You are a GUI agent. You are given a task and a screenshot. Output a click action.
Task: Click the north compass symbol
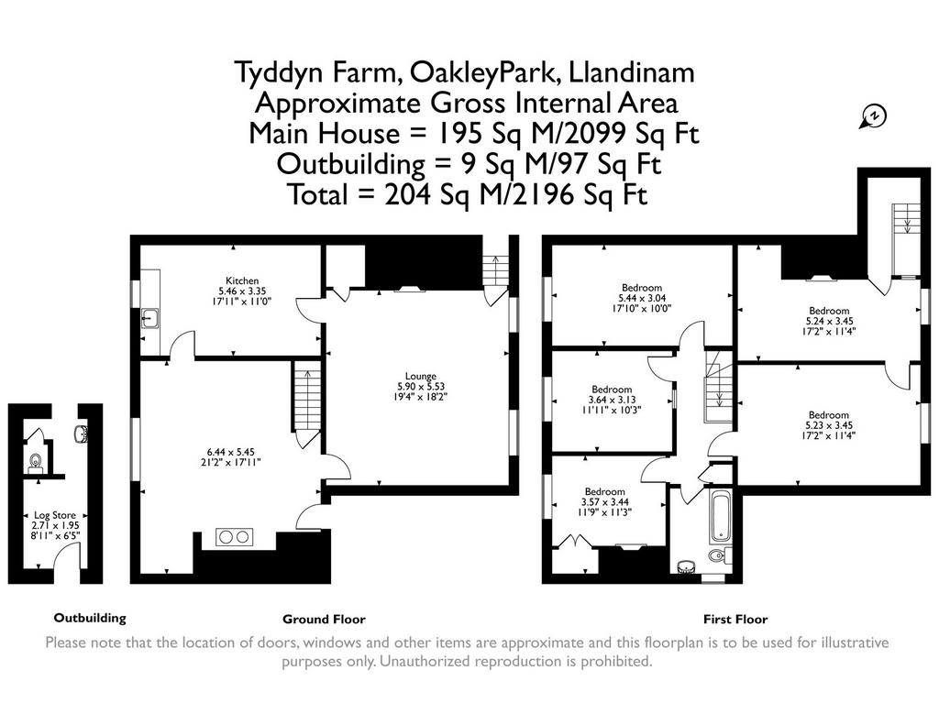873,116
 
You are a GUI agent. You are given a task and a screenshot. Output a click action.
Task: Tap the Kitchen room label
242,280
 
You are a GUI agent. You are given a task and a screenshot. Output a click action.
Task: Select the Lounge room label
420,376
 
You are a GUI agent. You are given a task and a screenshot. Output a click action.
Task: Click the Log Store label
54,515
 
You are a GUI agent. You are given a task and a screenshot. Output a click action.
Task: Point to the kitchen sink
149,318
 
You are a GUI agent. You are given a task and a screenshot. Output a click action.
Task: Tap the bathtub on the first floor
720,515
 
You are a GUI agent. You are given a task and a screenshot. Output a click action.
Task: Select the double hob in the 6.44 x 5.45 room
234,537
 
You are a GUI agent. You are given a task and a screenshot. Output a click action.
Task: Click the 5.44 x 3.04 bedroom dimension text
642,298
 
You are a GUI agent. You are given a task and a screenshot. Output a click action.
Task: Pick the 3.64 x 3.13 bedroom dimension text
612,400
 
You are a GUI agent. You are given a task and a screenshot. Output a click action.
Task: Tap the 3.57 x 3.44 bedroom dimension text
605,501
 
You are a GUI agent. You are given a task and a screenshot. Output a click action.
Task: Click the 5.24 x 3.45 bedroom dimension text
829,321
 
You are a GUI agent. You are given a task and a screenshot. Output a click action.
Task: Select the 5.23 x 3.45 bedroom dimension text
829,425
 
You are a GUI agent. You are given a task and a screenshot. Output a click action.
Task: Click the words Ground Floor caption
324,619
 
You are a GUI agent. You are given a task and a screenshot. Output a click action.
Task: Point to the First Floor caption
735,619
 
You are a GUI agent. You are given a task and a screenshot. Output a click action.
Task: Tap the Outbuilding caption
90,618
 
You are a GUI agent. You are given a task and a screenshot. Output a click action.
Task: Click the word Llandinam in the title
631,73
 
